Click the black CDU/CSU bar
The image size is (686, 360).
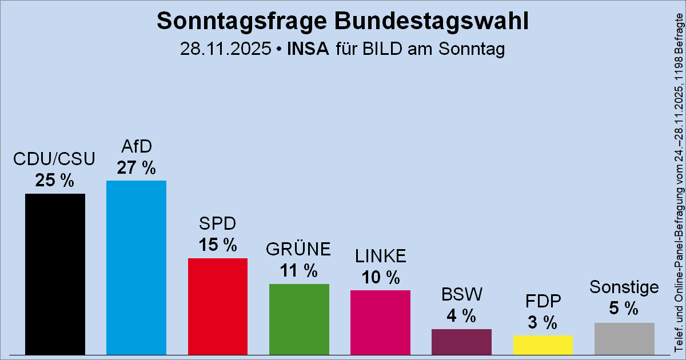55,274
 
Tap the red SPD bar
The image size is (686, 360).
217,306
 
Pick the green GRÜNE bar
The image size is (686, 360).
299,319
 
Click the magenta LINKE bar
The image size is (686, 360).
380,322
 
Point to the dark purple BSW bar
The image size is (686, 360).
461,342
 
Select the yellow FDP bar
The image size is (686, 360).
543,345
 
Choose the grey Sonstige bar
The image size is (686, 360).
624,338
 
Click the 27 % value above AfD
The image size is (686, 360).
136,168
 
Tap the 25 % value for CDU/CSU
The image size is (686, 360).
55,181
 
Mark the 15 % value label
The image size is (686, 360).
217,245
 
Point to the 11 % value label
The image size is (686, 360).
299,271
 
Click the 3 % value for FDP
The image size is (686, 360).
543,323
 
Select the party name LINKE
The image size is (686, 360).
380,256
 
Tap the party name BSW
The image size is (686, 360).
461,295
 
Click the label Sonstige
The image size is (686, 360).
624,287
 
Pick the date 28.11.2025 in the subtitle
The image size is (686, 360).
225,49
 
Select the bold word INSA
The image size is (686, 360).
308,49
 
